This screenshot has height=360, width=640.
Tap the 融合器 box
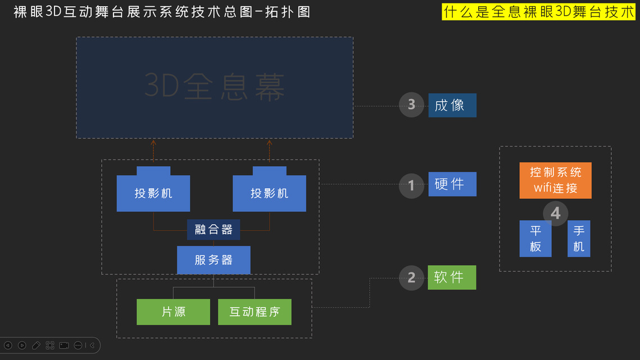tap(214, 229)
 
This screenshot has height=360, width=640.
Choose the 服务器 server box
tap(214, 260)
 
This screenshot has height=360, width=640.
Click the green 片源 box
tap(173, 312)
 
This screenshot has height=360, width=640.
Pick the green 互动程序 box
tap(255, 312)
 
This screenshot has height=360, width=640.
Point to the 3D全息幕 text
tap(215, 87)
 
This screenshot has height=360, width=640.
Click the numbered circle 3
tap(411, 104)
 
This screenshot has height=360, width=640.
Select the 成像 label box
tap(452, 105)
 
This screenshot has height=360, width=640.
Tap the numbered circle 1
tap(411, 185)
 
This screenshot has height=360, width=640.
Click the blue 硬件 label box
tap(452, 184)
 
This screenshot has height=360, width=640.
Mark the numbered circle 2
tap(411, 277)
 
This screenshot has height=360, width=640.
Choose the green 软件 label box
tap(452, 277)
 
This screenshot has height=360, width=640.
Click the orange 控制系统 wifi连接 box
tap(555, 180)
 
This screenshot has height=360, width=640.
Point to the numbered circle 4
tap(555, 213)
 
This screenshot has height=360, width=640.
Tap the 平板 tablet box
tap(535, 239)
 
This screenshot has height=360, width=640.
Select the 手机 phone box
tap(579, 239)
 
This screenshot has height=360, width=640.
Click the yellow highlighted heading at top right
tap(538, 11)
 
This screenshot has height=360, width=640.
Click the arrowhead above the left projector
tap(153, 143)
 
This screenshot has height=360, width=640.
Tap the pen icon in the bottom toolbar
tap(36, 345)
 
